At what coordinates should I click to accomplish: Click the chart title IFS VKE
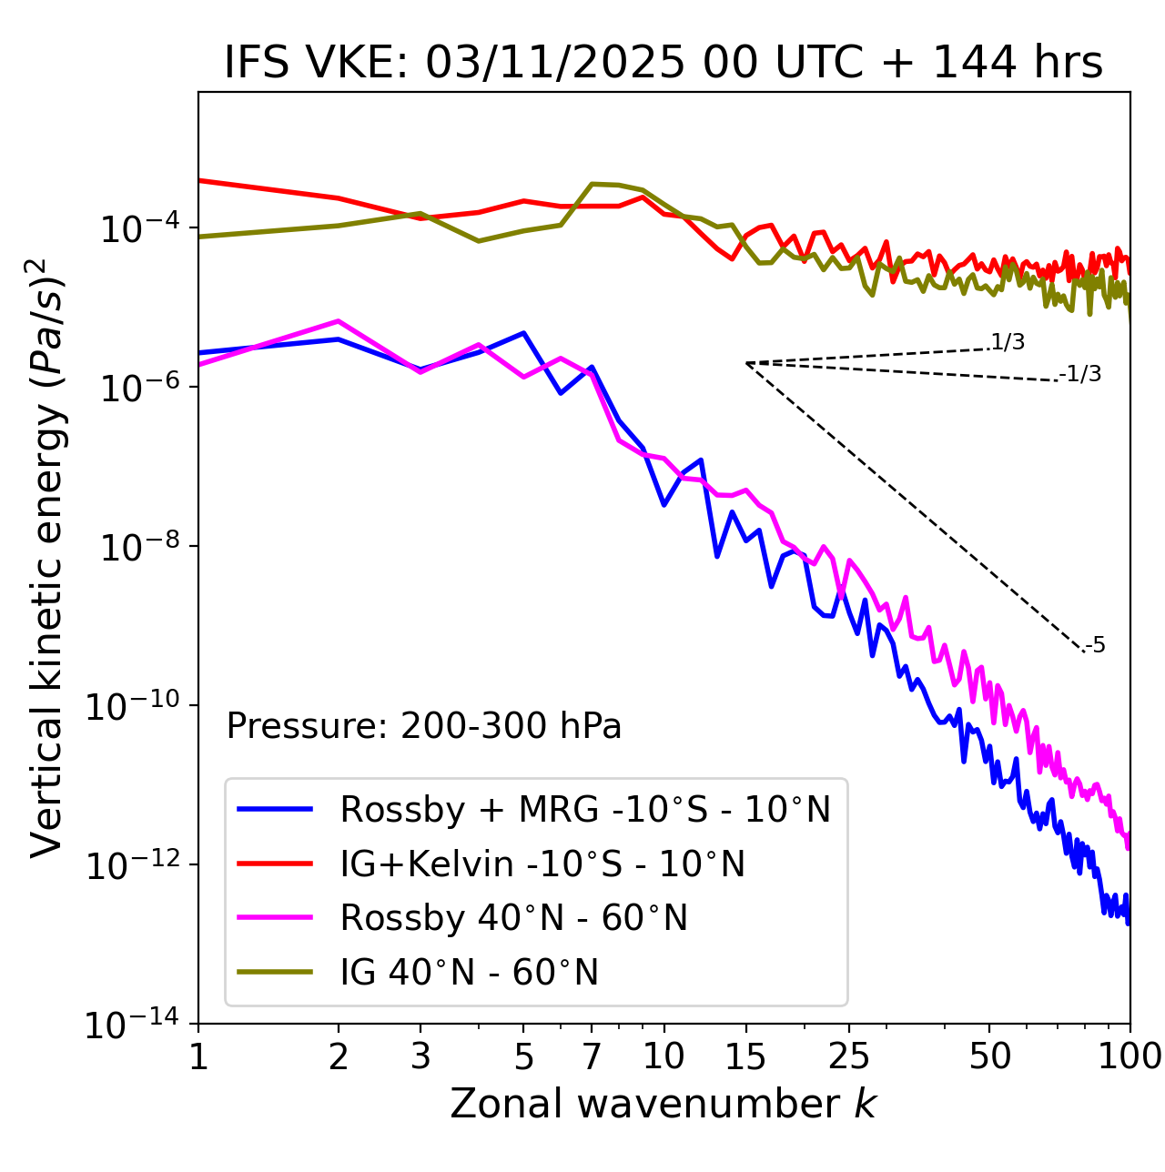(x=664, y=64)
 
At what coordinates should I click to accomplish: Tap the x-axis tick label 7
(x=592, y=1056)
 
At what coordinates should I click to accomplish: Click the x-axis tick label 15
(x=745, y=1056)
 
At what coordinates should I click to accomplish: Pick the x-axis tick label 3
(x=420, y=1056)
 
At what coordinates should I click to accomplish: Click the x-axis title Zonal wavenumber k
(x=664, y=1104)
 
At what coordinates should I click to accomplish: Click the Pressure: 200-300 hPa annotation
(x=424, y=726)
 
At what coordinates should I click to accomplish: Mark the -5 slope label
(x=1096, y=646)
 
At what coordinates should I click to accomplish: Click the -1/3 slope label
(x=1081, y=374)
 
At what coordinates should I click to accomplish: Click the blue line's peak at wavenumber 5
(x=523, y=333)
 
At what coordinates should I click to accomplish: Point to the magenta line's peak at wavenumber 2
(x=339, y=321)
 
